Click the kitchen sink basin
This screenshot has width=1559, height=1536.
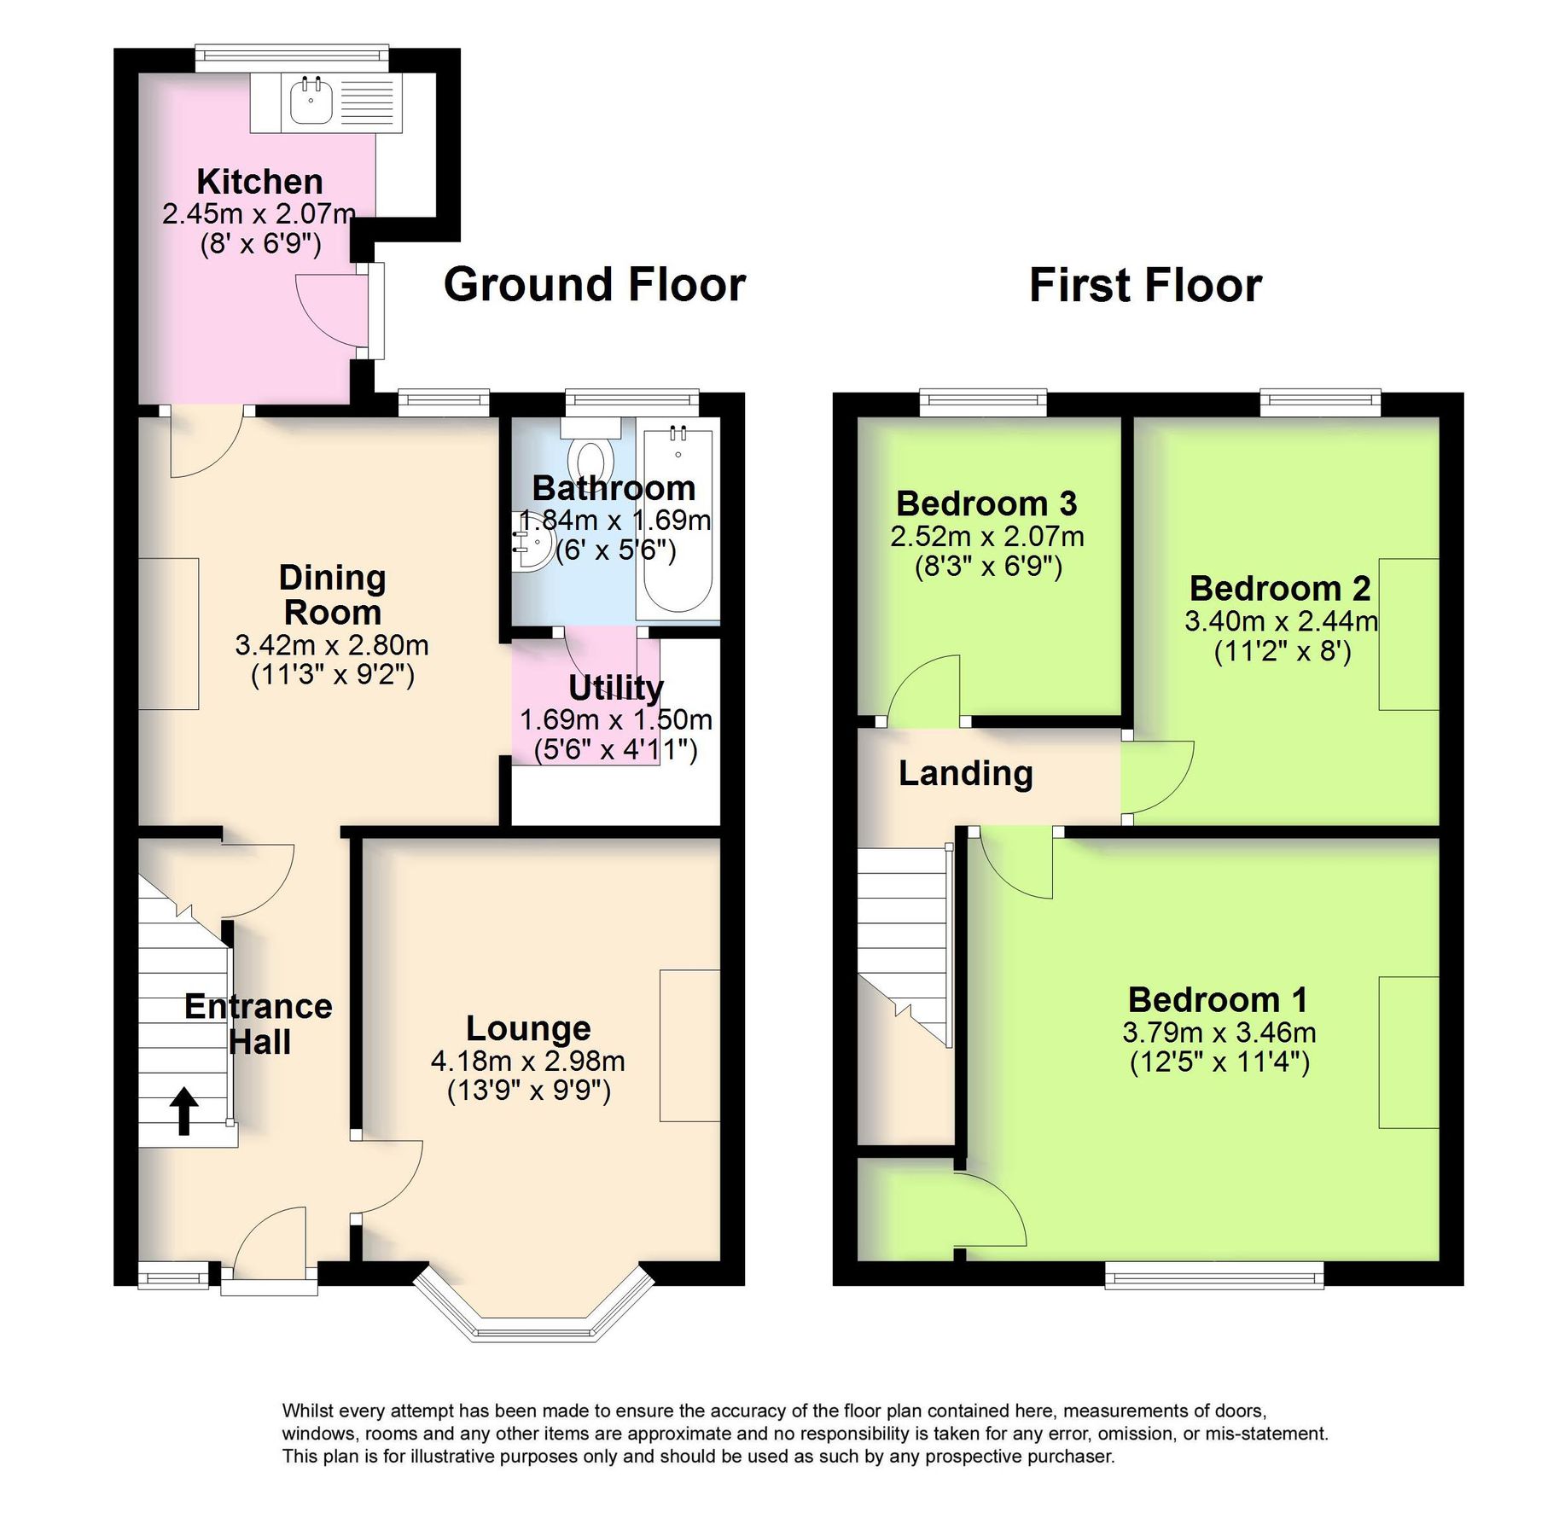coord(311,102)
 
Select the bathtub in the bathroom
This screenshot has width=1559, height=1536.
coord(678,521)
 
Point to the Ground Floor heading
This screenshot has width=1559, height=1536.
coord(595,284)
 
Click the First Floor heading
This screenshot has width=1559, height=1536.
coord(1144,284)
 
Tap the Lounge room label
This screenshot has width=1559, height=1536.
coord(528,1028)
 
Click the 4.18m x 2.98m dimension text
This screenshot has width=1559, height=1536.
coord(528,1061)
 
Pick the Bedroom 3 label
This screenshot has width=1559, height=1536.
coord(986,503)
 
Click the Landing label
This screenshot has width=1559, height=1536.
coord(965,773)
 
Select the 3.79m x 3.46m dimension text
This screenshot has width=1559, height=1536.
coord(1219,1033)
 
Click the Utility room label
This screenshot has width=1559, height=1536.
coord(615,687)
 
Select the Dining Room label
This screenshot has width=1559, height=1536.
coord(332,595)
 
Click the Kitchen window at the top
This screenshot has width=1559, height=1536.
coord(291,57)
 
